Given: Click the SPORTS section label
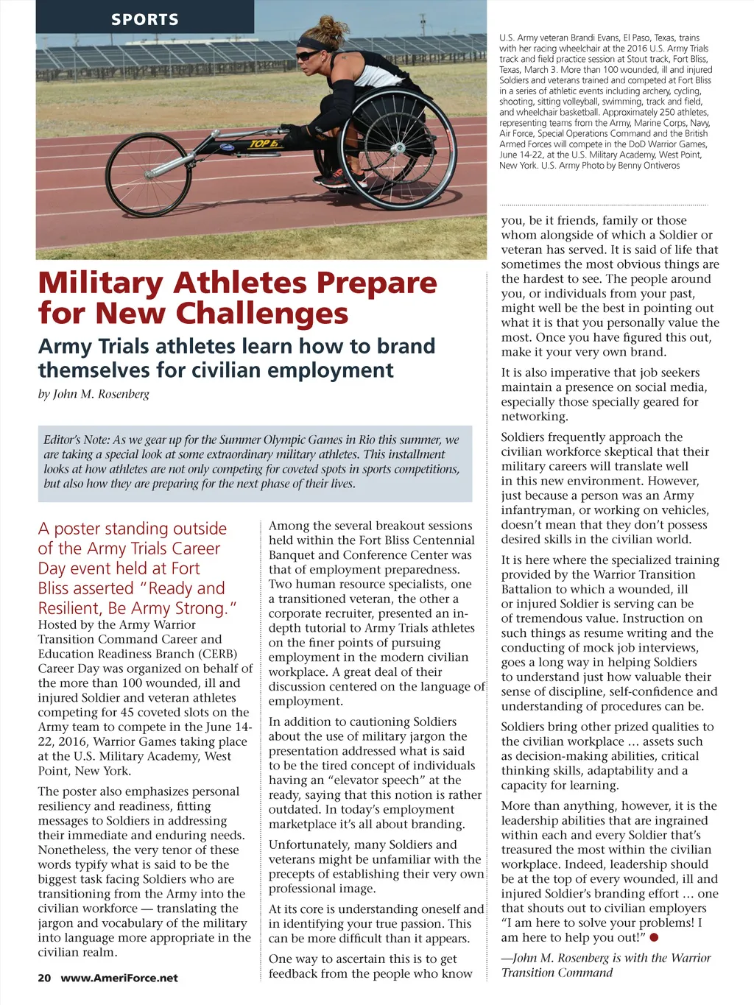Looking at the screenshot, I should tap(144, 19).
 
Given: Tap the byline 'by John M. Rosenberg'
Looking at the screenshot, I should tap(94, 394).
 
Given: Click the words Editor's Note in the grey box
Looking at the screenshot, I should tap(77, 440).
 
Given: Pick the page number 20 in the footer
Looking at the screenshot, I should tap(44, 978).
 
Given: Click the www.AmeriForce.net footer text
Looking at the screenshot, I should tap(119, 978).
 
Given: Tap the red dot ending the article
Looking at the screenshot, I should tap(654, 937).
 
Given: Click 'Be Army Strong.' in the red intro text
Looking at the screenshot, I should tap(172, 608).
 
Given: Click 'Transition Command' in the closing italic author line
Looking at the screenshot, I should tap(557, 973).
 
